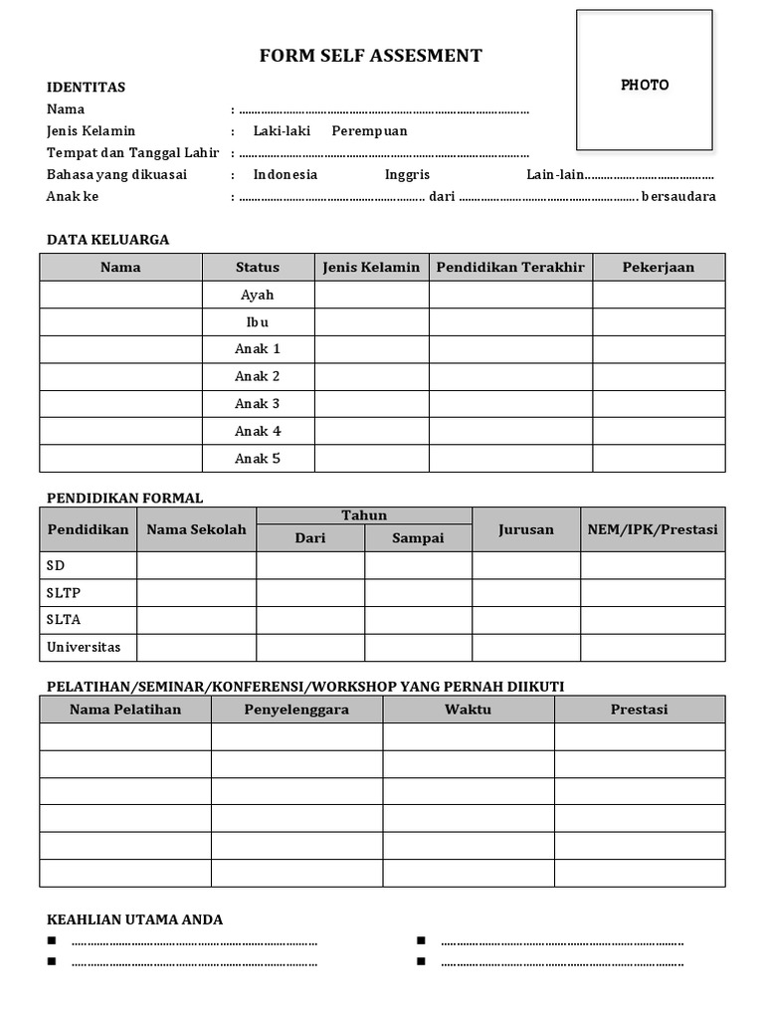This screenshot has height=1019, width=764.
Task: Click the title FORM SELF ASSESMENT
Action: pyautogui.click(x=370, y=56)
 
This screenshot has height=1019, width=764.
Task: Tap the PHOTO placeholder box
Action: pyautogui.click(x=645, y=81)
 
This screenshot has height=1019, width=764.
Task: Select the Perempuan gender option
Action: pyautogui.click(x=369, y=131)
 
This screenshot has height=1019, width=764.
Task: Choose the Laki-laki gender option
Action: pyautogui.click(x=282, y=131)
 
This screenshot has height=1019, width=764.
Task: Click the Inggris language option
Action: pyautogui.click(x=407, y=175)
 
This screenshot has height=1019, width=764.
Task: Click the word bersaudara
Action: pyautogui.click(x=678, y=197)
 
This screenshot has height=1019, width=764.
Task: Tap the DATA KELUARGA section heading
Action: pyautogui.click(x=108, y=240)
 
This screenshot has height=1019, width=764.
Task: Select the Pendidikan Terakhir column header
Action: pyautogui.click(x=510, y=267)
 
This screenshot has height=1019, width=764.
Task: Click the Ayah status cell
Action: pyautogui.click(x=258, y=295)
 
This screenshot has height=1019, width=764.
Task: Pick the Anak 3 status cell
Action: pyautogui.click(x=258, y=404)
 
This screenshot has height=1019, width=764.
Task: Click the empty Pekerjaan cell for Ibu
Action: pyautogui.click(x=659, y=322)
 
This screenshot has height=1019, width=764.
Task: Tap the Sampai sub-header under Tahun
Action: pyautogui.click(x=418, y=537)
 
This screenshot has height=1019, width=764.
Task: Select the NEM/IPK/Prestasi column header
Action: pyautogui.click(x=653, y=529)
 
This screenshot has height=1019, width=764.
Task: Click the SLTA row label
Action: pyautogui.click(x=64, y=620)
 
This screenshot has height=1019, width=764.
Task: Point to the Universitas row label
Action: pyautogui.click(x=84, y=647)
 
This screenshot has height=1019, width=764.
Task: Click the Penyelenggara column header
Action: pyautogui.click(x=296, y=710)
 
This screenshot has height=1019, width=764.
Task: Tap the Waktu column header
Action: pyautogui.click(x=469, y=710)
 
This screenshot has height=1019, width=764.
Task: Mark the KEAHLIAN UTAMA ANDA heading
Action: pyautogui.click(x=135, y=919)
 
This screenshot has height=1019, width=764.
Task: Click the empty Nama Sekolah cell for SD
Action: pyautogui.click(x=196, y=565)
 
